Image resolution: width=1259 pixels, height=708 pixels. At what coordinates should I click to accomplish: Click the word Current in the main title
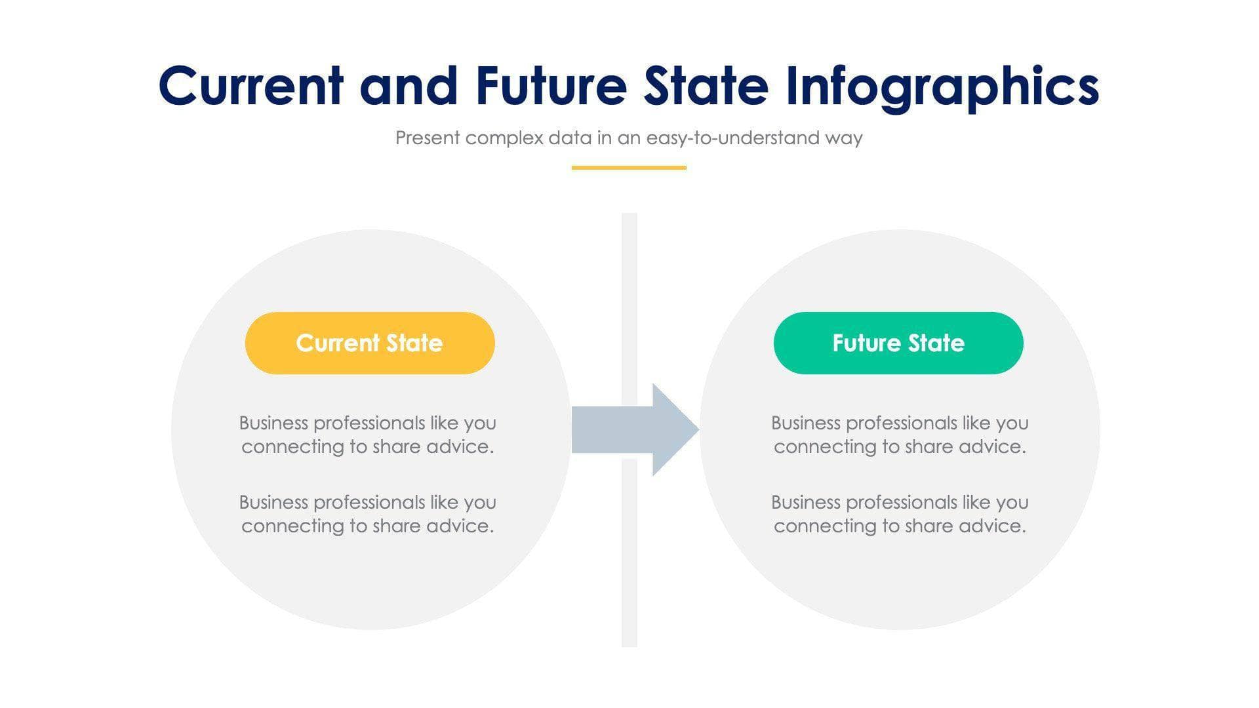click(x=250, y=86)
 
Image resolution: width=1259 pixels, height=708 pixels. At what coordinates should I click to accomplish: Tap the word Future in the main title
click(x=551, y=86)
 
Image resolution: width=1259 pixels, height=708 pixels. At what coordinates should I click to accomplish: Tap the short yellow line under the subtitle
click(x=629, y=168)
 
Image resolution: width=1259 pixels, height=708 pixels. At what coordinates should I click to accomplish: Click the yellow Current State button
click(x=369, y=343)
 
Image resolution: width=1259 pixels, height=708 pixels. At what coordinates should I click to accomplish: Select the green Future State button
click(x=898, y=343)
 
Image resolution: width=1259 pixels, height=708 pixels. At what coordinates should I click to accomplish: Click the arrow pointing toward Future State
click(x=629, y=430)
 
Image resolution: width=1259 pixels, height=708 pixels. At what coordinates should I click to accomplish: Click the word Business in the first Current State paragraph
click(x=273, y=423)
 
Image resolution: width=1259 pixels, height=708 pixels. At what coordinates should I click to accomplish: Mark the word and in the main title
click(x=409, y=86)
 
